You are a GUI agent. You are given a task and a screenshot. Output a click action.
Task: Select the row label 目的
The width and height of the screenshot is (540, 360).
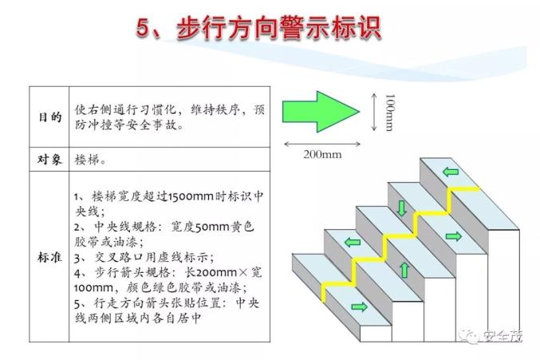click(50, 117)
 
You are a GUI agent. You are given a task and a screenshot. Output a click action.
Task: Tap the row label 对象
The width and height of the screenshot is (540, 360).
click(50, 160)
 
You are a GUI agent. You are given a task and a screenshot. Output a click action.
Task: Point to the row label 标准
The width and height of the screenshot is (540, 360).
click(50, 257)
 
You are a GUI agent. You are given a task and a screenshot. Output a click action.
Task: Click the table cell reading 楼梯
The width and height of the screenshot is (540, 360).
click(90, 160)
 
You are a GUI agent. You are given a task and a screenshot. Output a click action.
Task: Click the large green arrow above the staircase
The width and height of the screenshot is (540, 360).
click(321, 112)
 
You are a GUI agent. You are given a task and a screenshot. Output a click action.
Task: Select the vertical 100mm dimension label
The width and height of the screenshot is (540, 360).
click(390, 113)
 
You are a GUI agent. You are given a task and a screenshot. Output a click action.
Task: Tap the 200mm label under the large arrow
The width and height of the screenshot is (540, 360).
click(322, 154)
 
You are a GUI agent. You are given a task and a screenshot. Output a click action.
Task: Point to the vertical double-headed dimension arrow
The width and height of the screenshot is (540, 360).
click(374, 112)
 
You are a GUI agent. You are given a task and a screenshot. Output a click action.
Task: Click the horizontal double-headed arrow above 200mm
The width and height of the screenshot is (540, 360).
click(321, 144)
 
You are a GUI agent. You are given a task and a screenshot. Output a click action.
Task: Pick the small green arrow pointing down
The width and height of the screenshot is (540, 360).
click(401, 208)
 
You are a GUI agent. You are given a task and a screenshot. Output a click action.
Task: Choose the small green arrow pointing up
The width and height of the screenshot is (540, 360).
click(405, 270)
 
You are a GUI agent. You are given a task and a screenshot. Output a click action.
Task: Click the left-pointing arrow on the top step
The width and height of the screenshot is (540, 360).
click(451, 171)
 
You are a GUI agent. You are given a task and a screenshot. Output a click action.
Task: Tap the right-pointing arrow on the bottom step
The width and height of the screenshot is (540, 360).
click(360, 307)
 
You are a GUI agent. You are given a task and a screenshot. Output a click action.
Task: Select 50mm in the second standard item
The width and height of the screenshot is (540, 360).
click(212, 227)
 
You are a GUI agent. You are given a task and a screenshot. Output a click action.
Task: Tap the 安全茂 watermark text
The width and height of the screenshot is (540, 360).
click(503, 335)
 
